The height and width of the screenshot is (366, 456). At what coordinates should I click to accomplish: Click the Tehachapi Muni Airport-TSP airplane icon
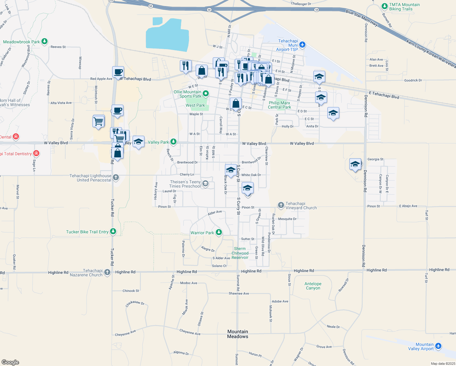tap(302, 45)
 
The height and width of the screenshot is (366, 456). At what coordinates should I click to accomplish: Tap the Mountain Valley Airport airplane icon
tap(438, 346)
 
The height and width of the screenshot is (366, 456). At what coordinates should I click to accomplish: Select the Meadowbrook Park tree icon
tap(45, 41)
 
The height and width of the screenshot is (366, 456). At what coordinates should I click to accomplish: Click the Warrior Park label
tap(202, 233)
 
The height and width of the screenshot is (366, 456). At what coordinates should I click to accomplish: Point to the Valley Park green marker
tap(173, 142)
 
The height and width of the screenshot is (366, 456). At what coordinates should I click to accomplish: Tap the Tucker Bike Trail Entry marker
tap(113, 231)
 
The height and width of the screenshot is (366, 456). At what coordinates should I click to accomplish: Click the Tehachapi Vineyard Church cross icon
tap(281, 205)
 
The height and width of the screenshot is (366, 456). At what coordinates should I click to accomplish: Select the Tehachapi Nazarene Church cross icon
tap(107, 272)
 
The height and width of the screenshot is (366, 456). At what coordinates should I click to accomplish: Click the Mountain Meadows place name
tap(238, 334)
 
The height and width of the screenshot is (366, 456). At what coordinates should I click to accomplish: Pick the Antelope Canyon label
tap(313, 286)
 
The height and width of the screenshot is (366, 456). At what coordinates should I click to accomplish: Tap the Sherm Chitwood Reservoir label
tap(240, 253)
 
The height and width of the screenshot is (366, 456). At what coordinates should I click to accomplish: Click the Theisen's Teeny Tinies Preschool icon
tap(205, 184)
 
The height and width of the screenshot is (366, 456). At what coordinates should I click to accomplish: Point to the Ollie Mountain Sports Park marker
tap(206, 93)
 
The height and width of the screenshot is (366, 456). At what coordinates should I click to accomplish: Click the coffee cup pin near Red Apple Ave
tap(118, 72)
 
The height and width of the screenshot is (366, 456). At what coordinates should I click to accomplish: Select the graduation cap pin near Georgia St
tap(355, 164)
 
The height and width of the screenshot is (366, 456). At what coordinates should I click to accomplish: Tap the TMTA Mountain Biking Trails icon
tap(385, 6)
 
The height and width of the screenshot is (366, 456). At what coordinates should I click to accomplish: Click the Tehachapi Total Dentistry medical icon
tap(36, 153)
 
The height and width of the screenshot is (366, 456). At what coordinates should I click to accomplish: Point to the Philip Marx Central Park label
tap(280, 105)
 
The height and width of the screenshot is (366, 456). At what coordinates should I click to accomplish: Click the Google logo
tap(10, 362)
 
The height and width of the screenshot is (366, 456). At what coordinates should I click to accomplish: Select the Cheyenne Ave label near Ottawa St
tap(190, 332)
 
